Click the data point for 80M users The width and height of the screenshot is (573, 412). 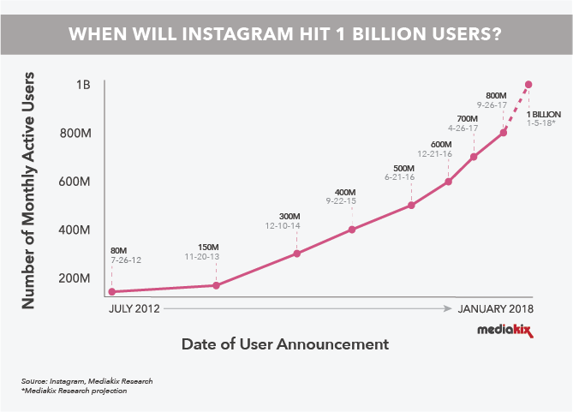tap(111, 292)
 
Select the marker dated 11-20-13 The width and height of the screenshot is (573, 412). tap(216, 285)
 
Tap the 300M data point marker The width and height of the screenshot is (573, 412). tap(296, 254)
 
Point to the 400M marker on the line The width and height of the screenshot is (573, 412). tap(352, 230)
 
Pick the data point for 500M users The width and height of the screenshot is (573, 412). tap(412, 206)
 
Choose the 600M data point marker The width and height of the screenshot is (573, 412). tap(447, 182)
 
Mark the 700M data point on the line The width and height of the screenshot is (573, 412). tap(474, 157)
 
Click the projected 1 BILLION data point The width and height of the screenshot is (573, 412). tap(528, 85)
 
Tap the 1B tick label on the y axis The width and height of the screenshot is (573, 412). tap(83, 86)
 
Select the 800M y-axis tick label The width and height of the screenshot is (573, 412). tap(76, 134)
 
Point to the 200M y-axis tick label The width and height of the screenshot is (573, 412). tap(76, 278)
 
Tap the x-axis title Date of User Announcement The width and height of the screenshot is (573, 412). tap(285, 344)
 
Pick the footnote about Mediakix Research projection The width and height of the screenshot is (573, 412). tap(75, 391)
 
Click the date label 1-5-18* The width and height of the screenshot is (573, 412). tap(542, 123)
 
